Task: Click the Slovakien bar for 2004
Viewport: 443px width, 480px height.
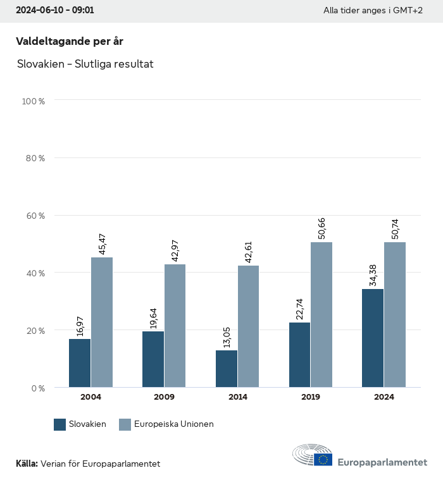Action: tap(80, 363)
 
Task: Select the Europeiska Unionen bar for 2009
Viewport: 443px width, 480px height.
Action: tap(175, 326)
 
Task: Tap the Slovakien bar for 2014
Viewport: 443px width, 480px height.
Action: tap(227, 369)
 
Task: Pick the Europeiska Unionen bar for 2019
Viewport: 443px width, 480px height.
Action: tap(321, 314)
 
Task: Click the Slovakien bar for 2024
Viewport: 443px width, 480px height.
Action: tap(373, 338)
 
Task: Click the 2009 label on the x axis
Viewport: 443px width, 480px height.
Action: tap(164, 397)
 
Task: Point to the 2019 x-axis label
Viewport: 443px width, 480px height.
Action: tap(311, 397)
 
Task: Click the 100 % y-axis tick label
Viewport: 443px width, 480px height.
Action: tap(34, 101)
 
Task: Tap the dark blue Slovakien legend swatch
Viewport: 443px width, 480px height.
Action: tap(60, 424)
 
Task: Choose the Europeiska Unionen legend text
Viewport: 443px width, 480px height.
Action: tap(174, 424)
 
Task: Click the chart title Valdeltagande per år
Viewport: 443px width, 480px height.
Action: tap(69, 42)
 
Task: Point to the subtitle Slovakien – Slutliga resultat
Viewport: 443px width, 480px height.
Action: tap(85, 64)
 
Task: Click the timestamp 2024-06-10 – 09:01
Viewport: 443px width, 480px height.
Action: tap(55, 11)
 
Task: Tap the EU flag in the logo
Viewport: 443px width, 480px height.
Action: tap(323, 459)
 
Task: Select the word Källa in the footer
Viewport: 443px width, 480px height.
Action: tap(27, 464)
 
